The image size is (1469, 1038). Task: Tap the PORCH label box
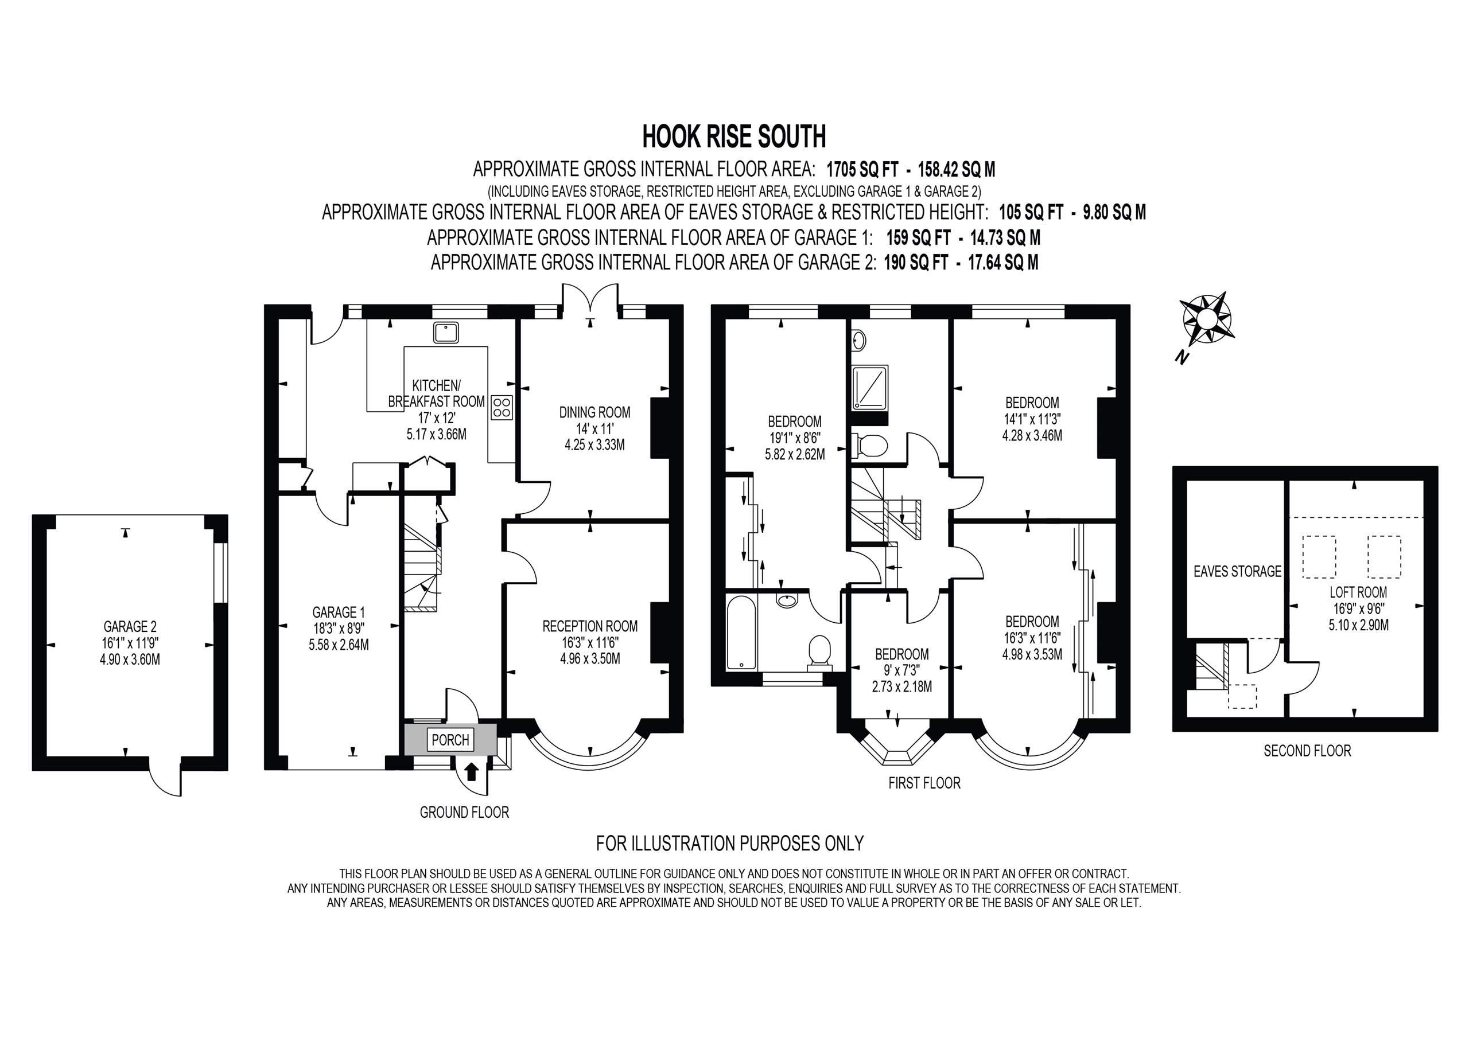tap(450, 740)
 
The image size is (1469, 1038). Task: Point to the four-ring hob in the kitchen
tap(502, 407)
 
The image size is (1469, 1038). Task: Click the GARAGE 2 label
tap(130, 627)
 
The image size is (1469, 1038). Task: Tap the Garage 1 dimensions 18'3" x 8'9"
tap(339, 629)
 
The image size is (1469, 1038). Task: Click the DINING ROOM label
tap(594, 412)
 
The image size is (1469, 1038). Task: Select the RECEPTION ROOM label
tap(590, 626)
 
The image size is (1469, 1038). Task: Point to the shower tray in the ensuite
tap(869, 387)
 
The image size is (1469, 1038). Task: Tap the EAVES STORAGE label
tap(1237, 571)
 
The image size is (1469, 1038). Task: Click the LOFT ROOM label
tap(1358, 592)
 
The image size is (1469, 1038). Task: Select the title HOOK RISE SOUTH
tap(734, 136)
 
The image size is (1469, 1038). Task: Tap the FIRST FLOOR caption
tap(924, 783)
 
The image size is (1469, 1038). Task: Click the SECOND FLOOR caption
tap(1307, 751)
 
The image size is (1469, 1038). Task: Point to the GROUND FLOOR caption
tap(464, 812)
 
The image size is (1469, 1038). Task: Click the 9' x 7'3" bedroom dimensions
tap(901, 670)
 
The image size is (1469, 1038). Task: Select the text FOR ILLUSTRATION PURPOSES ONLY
tap(729, 844)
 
